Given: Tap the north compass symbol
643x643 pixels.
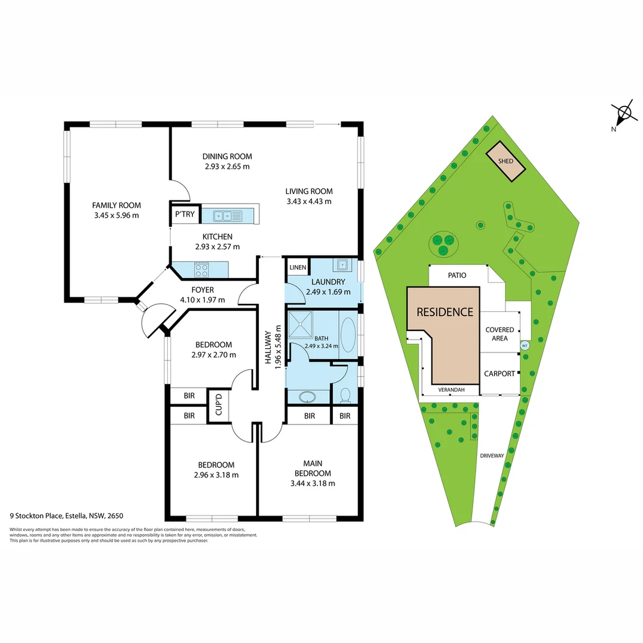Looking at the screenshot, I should pos(623,113).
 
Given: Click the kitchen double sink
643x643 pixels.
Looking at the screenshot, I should pos(228,216).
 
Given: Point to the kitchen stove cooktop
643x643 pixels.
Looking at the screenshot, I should pos(202,270).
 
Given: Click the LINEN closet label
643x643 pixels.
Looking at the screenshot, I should pos(297,268).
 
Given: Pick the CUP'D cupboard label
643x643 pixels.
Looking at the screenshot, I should pos(219,405).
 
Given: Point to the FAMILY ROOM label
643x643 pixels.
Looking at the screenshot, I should pos(116,205).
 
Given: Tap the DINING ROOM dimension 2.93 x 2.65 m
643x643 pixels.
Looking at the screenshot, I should pos(227,167).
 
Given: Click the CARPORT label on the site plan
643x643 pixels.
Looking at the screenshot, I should pos(499,374).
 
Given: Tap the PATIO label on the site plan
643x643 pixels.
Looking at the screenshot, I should pos(457,276).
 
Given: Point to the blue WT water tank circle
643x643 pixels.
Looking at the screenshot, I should pos(525,345).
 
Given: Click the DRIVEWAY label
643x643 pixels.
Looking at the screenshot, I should pos(492,455).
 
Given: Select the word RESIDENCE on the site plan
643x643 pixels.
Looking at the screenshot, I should pos(445,311).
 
